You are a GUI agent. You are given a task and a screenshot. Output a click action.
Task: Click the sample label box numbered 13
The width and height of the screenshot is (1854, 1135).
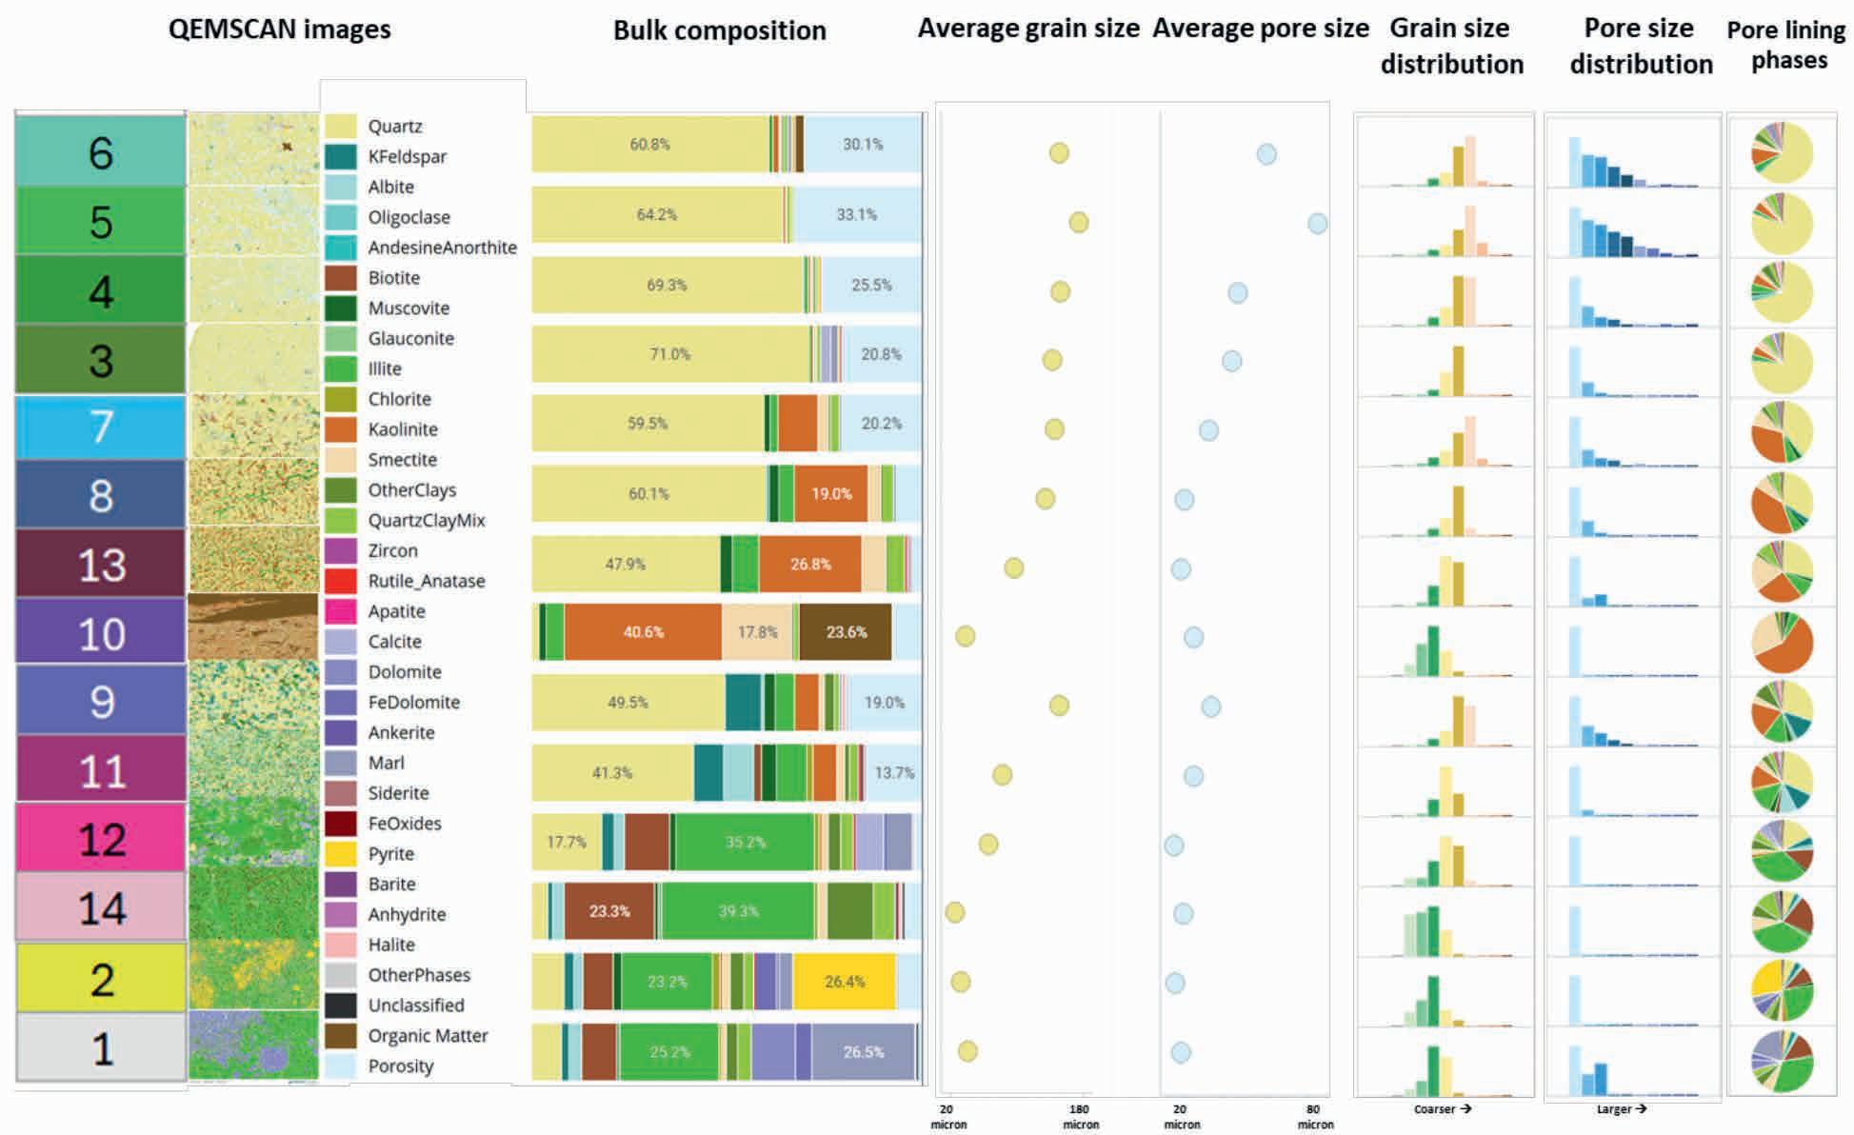click(x=101, y=564)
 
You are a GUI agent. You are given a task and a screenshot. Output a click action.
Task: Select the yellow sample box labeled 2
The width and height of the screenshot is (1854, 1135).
click(x=101, y=979)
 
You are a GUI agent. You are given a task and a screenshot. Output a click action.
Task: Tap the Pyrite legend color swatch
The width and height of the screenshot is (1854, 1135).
click(x=340, y=853)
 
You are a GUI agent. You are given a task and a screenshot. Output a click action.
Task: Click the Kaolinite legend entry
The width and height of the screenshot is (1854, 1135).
click(x=402, y=429)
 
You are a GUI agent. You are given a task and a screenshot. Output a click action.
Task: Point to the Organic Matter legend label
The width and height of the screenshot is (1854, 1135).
click(x=428, y=1036)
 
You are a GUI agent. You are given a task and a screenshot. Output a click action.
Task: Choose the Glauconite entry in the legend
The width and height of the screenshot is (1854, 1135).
click(x=410, y=338)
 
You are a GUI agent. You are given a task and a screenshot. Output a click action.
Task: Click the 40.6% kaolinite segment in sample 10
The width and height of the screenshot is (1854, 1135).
click(x=643, y=632)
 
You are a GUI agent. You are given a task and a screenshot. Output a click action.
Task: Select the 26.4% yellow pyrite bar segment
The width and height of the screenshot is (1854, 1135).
click(x=844, y=982)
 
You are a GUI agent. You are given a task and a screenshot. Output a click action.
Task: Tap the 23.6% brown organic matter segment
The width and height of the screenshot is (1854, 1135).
click(x=846, y=632)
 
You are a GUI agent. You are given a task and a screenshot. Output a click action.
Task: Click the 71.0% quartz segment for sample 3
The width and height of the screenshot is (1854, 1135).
click(x=670, y=354)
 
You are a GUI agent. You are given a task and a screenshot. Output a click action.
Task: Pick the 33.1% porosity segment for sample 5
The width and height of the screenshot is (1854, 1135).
click(x=856, y=215)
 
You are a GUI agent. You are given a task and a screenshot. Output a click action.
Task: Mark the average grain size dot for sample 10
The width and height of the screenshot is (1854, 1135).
click(x=965, y=636)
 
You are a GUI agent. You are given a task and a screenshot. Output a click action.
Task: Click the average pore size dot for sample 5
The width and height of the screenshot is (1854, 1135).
click(x=1317, y=224)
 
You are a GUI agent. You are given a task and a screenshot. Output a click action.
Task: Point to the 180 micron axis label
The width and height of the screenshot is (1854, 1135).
click(x=1080, y=1116)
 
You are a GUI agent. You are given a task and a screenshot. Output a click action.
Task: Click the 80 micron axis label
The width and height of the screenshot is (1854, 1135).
click(x=1314, y=1116)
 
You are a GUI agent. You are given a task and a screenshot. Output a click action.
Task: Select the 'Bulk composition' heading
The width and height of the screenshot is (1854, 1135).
click(x=719, y=30)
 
